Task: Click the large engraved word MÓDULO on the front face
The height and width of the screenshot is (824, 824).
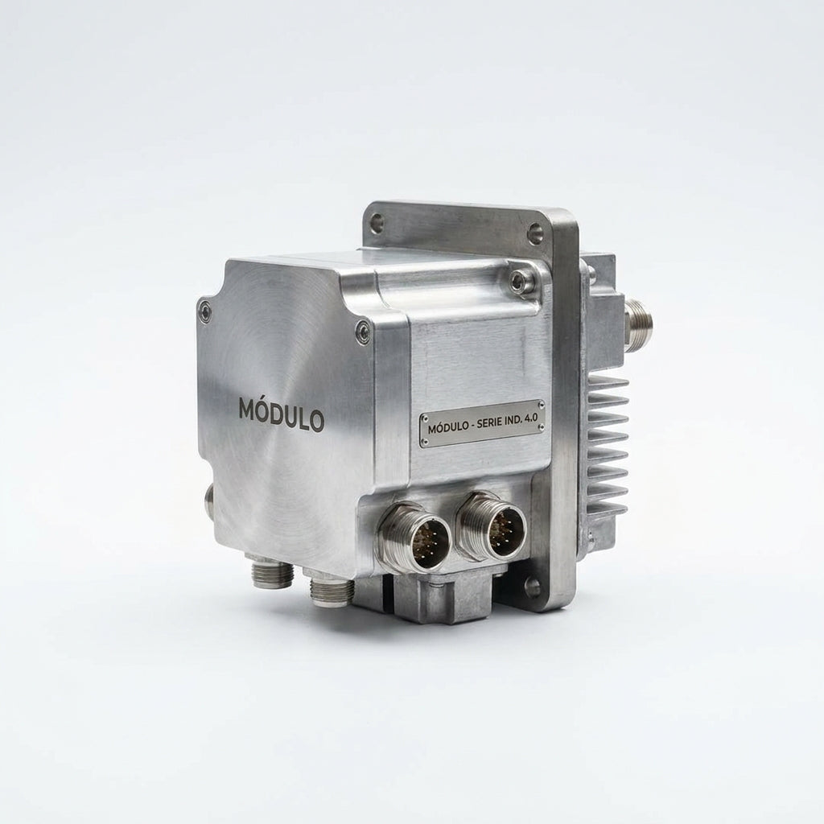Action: (282, 415)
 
